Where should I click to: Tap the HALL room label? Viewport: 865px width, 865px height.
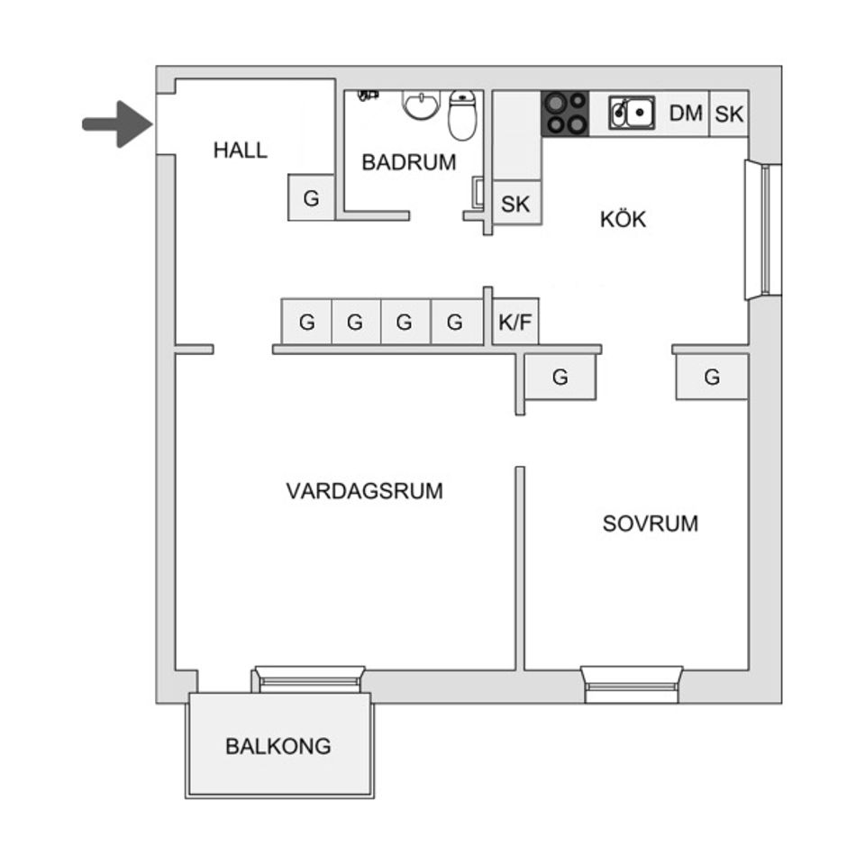coord(241,150)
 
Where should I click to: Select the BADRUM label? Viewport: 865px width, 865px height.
coord(409,162)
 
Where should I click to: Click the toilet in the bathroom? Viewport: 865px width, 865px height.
coord(462,115)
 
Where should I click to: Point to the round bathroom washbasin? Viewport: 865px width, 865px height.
coord(419,105)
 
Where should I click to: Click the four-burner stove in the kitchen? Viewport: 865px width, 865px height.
coord(565,114)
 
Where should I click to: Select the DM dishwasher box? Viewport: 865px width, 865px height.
coord(686,114)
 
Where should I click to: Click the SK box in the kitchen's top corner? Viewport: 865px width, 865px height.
coord(730,114)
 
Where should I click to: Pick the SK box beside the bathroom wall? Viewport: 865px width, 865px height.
coord(516,204)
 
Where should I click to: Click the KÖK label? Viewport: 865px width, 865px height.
coord(624,219)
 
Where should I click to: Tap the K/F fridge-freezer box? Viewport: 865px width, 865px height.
coord(515,322)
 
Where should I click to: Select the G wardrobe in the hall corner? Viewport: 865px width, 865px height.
coord(311,198)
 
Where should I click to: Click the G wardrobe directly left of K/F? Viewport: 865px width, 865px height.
coord(455,322)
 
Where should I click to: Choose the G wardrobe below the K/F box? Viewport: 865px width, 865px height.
coord(560,377)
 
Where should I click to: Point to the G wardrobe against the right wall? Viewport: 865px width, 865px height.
coord(712,377)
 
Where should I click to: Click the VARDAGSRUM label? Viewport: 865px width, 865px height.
coord(365,491)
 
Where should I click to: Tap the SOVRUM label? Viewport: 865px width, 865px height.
coord(651,524)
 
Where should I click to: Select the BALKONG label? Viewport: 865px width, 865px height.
coord(278,746)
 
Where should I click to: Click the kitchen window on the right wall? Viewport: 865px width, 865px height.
coord(764,230)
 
